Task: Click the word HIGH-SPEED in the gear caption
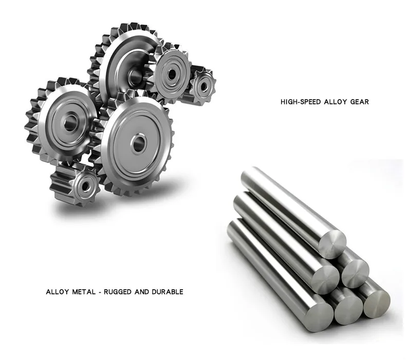(301, 102)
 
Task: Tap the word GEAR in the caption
(359, 102)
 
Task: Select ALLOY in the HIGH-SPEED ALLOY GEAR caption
(335, 102)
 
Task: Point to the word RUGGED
(117, 292)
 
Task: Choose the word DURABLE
(168, 292)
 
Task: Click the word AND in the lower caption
(142, 292)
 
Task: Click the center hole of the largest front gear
(139, 143)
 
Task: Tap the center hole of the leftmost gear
(70, 123)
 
